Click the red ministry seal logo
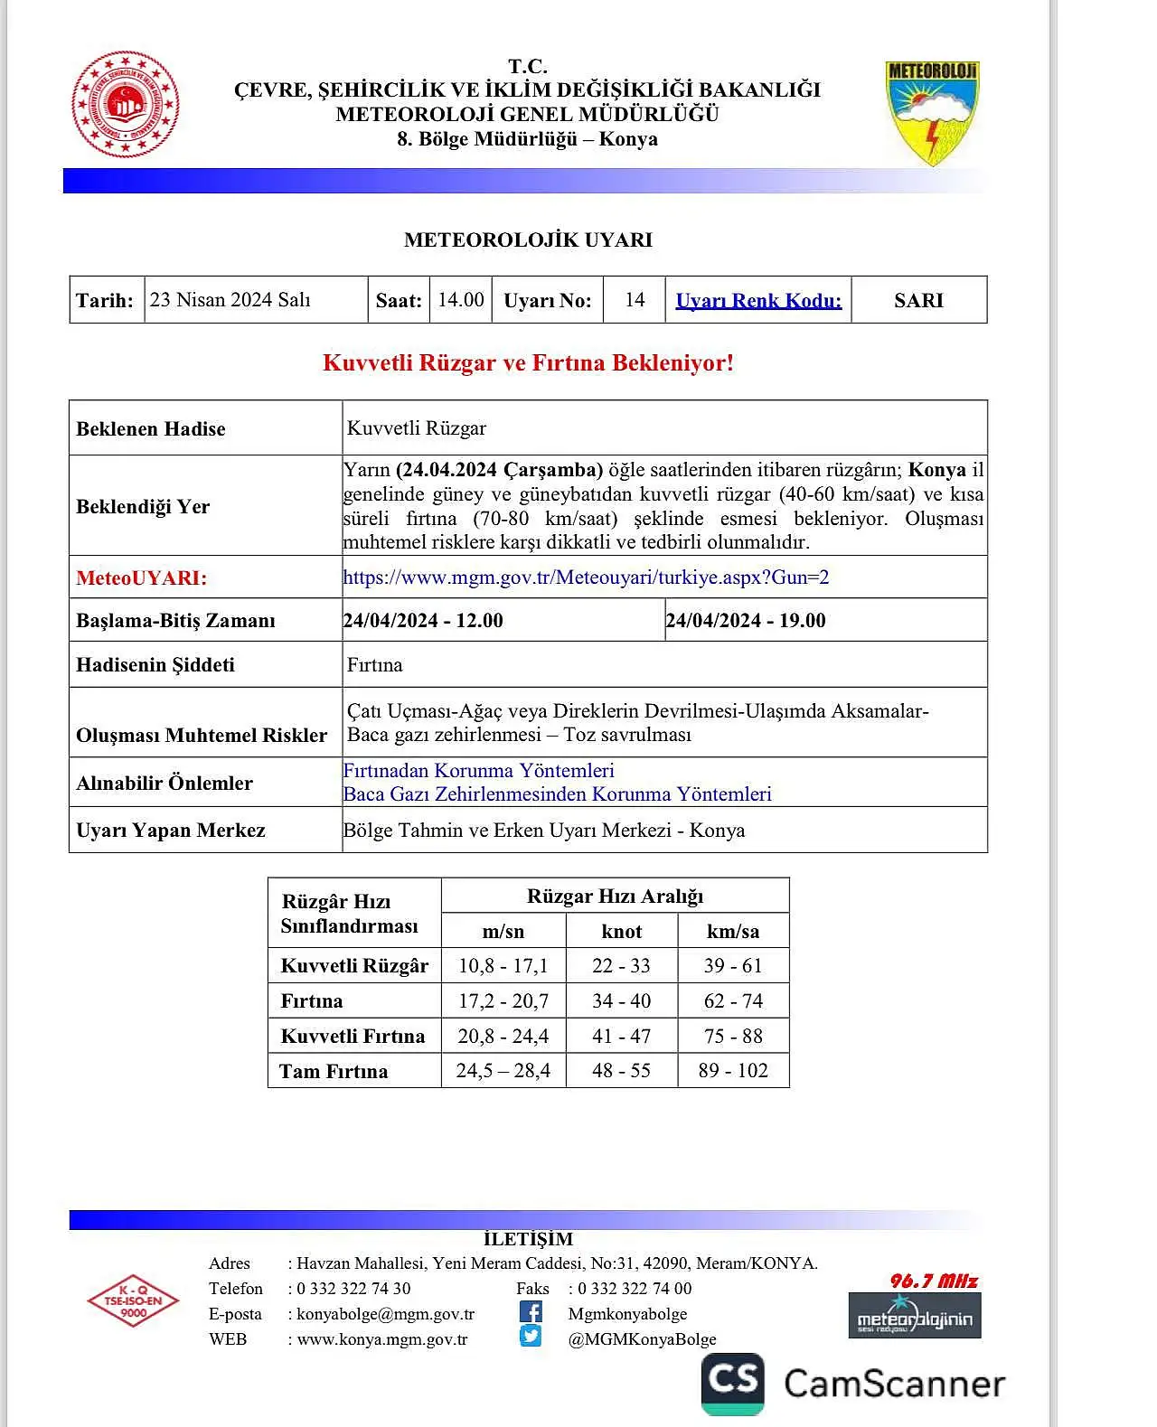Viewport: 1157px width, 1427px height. [125, 105]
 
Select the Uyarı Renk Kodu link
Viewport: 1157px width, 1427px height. [758, 301]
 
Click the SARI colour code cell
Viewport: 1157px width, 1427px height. [918, 301]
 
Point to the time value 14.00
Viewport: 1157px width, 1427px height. [461, 300]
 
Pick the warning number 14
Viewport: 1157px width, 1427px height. [635, 300]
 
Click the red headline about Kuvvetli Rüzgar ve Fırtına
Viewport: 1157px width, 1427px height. [528, 363]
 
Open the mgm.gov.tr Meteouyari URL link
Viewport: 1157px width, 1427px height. [586, 577]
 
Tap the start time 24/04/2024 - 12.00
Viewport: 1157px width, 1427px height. [423, 621]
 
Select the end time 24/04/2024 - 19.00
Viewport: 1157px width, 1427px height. [746, 621]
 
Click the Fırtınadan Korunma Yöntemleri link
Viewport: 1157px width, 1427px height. [478, 771]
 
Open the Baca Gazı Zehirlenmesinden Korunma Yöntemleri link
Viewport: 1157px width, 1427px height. [557, 794]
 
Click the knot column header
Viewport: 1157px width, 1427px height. [622, 932]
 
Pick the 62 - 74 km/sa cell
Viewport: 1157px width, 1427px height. [733, 1001]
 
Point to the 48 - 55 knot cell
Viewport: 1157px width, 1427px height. [622, 1071]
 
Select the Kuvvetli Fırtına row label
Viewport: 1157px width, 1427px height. [353, 1037]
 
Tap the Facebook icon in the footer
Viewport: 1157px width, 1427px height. [531, 1312]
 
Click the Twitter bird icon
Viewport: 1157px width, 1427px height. [531, 1337]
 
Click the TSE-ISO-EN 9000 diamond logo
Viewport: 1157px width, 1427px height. [133, 1300]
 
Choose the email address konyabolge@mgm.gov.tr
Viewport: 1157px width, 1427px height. [385, 1314]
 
